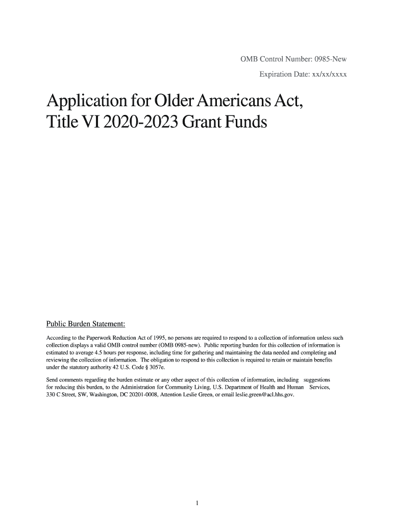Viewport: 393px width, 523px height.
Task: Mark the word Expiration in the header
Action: [x=278, y=76]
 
